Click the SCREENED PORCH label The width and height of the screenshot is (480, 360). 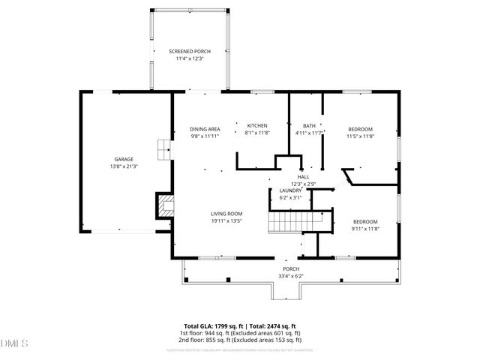click(189, 51)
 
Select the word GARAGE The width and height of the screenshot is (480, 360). click(124, 159)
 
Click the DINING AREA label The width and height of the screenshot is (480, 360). click(204, 129)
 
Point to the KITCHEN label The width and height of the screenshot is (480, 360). click(257, 125)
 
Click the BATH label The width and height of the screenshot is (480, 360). click(309, 125)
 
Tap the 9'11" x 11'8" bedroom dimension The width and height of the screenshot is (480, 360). click(365, 228)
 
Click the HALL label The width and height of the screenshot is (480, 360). click(303, 177)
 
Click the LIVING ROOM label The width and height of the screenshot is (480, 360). click(226, 214)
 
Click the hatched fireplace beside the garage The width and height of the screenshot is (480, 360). click(164, 205)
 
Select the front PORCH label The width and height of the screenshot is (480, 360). click(291, 269)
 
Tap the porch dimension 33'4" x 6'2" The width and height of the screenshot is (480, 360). click(291, 276)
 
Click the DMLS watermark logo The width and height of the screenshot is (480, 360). click(14, 343)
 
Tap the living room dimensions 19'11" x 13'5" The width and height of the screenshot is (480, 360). click(226, 221)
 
